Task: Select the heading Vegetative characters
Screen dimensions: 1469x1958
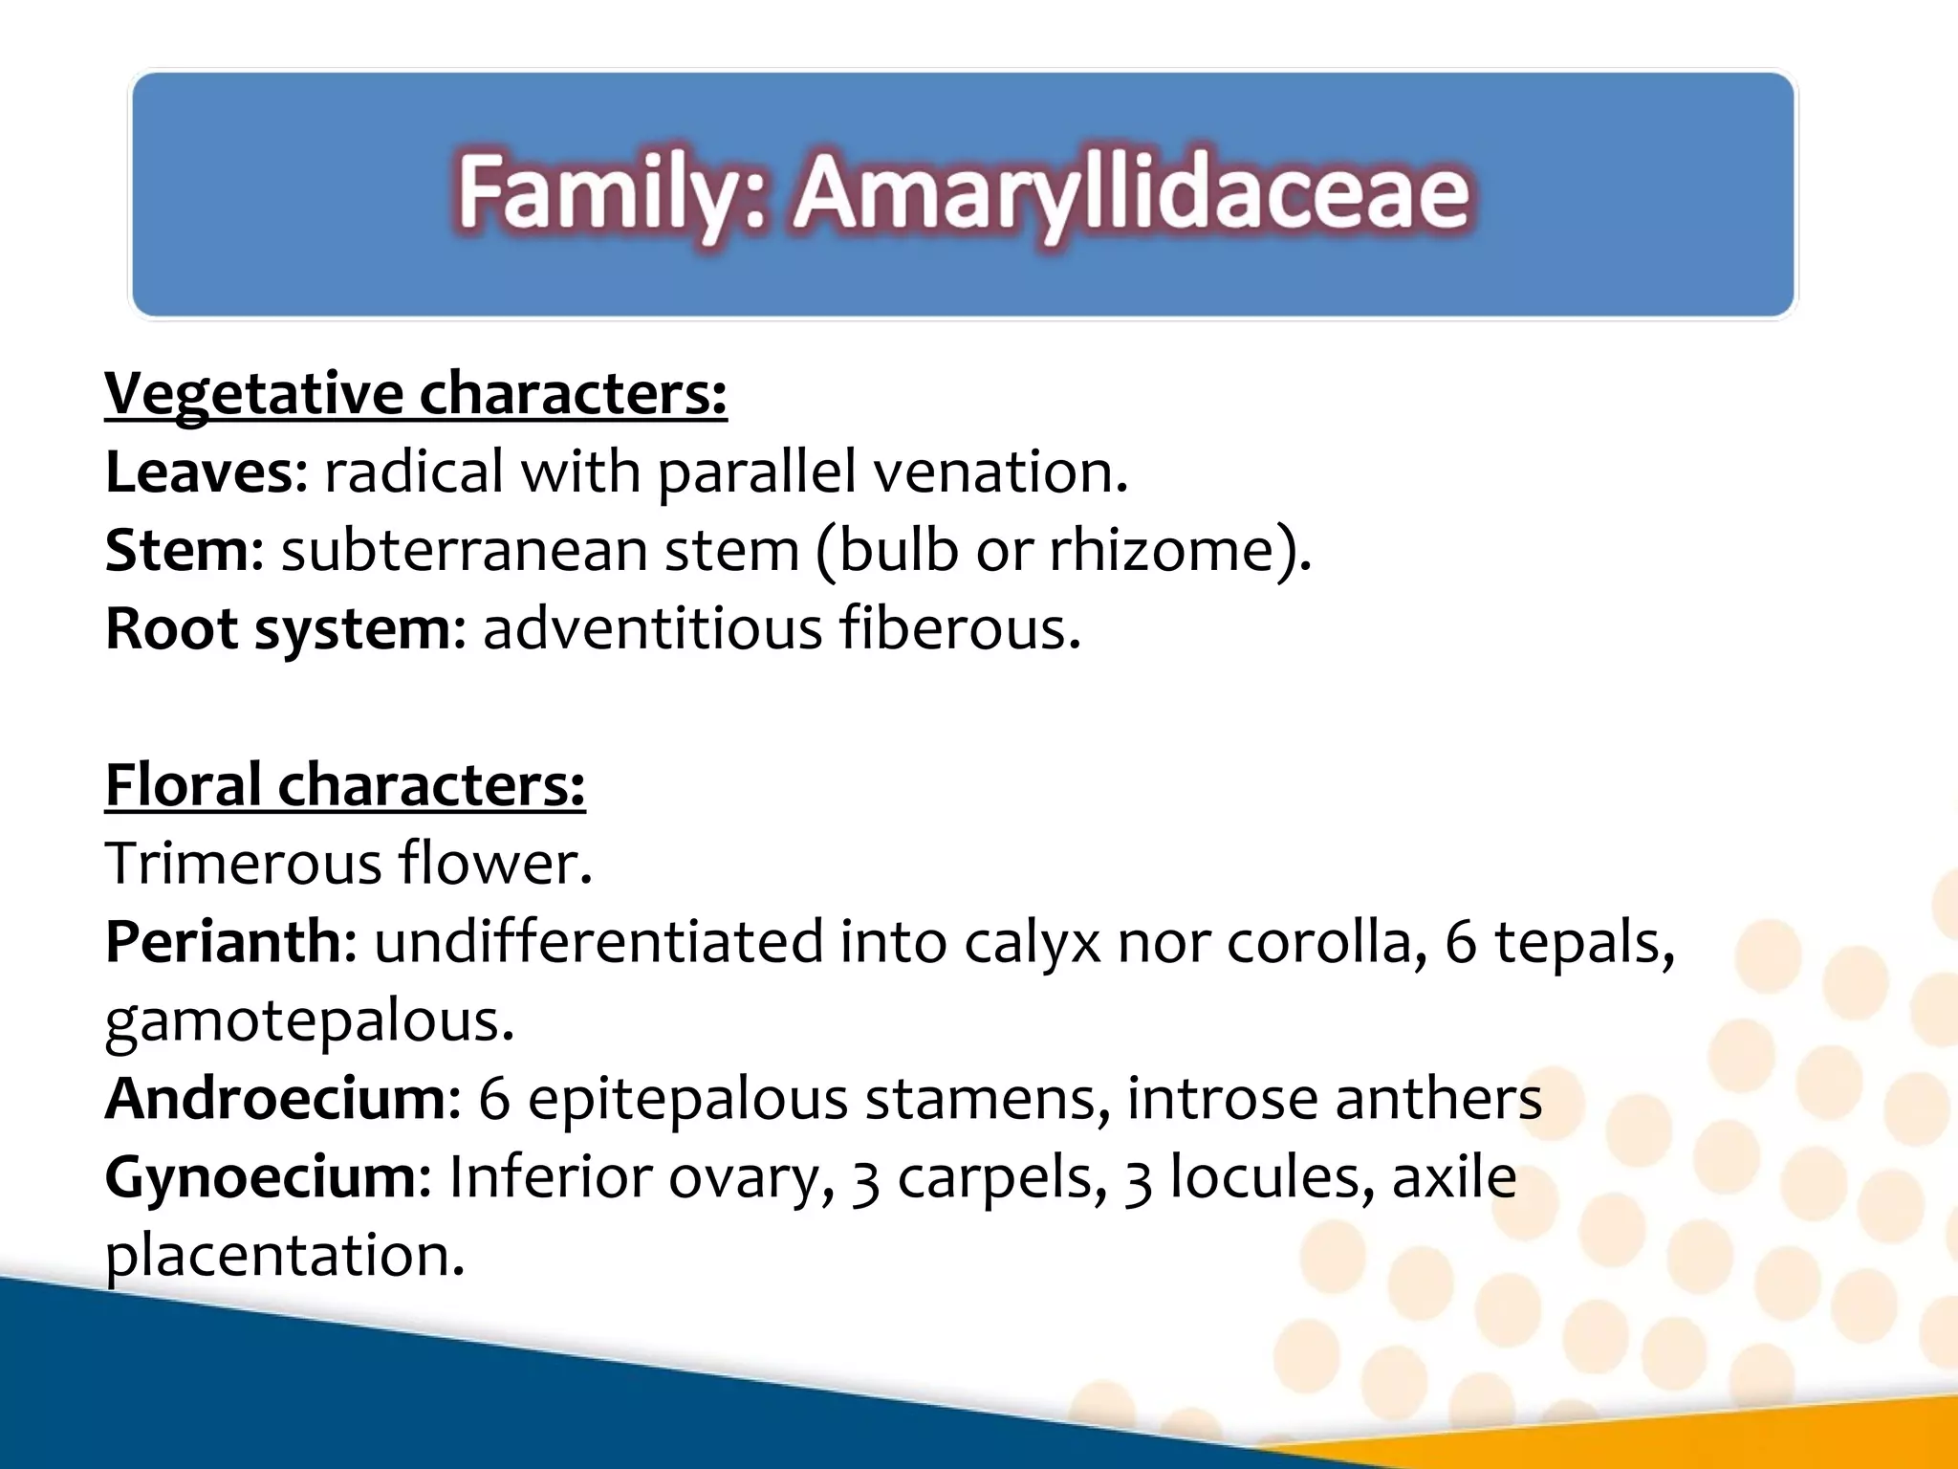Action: click(x=416, y=393)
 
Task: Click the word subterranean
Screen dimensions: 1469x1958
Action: click(x=465, y=551)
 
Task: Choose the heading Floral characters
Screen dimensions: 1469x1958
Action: click(x=345, y=785)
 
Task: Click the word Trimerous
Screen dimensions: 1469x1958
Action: click(x=243, y=864)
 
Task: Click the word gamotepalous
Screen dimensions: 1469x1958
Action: click(x=309, y=1020)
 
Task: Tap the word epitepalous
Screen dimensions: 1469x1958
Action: click(x=687, y=1099)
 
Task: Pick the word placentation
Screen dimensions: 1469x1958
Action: click(x=284, y=1256)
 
